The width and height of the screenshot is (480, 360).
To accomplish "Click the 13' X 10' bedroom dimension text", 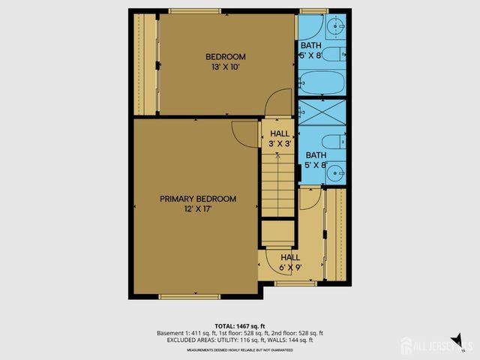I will coord(226,67).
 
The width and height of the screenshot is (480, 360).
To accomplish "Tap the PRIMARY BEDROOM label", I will coord(198,199).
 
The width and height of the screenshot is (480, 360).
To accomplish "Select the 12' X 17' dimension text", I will coord(198,209).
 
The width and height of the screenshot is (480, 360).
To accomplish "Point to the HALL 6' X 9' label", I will coord(290,262).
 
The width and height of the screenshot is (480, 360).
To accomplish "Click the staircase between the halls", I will coord(277,191).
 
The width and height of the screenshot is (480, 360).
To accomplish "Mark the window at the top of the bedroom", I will coord(194,10).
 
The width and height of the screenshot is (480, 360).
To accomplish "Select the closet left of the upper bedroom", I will coord(145,64).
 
